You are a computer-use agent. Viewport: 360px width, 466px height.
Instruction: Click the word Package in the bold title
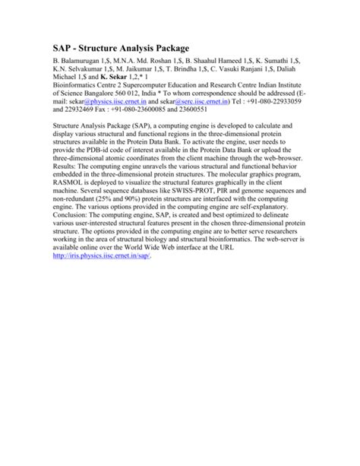tap(157, 47)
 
